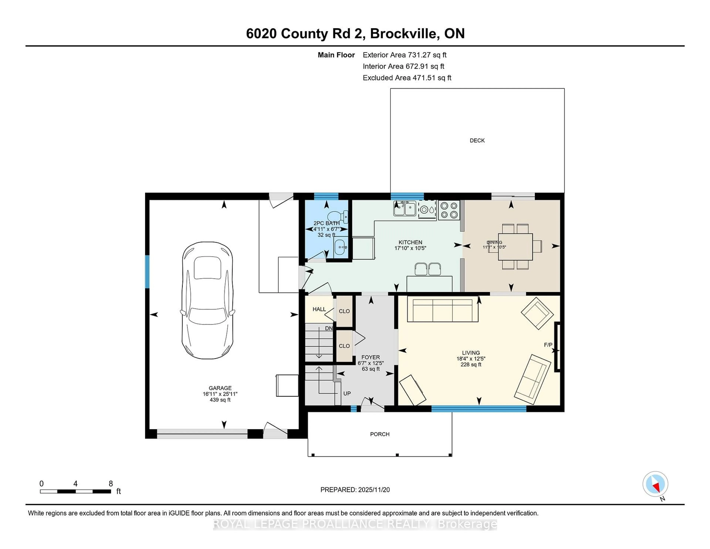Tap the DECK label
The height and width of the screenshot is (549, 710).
(477, 141)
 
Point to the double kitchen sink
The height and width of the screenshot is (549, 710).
(404, 209)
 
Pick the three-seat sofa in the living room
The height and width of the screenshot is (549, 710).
(442, 311)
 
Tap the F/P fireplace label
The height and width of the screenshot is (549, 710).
(548, 345)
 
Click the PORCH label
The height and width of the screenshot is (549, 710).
(379, 434)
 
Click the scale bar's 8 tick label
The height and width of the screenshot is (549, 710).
(111, 484)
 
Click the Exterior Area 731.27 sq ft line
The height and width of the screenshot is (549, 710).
(404, 55)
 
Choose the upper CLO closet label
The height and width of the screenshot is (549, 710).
(344, 311)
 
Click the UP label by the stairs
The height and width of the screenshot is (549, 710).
(347, 394)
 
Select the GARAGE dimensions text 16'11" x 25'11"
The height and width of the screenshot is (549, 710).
(220, 394)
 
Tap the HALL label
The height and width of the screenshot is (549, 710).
(319, 309)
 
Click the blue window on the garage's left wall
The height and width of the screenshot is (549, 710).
(147, 272)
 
